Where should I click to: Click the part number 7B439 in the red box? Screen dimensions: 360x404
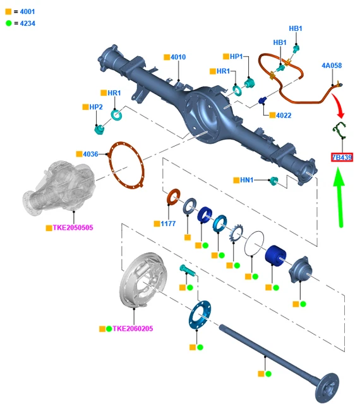(x=342, y=157)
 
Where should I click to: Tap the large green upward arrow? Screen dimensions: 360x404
(x=339, y=197)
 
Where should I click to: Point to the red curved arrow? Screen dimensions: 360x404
(x=339, y=105)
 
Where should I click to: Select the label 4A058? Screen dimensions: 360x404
(x=332, y=66)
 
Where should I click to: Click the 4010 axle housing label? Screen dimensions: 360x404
(x=178, y=57)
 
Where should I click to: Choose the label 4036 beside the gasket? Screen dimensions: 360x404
(x=90, y=154)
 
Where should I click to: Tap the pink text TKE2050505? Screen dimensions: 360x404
(x=73, y=227)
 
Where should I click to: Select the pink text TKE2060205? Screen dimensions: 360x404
(x=133, y=328)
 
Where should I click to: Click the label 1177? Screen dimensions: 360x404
(x=168, y=223)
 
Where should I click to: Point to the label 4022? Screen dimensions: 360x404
(x=284, y=115)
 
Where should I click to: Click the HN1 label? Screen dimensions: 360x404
(x=246, y=180)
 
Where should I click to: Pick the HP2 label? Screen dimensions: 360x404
(x=96, y=107)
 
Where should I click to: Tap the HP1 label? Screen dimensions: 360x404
(x=236, y=56)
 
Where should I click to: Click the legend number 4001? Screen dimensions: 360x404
(x=27, y=11)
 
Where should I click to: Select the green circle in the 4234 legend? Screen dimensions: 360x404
(x=9, y=23)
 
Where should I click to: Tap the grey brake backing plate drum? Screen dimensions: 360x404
(x=143, y=280)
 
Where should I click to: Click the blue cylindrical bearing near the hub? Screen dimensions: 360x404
(x=275, y=255)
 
